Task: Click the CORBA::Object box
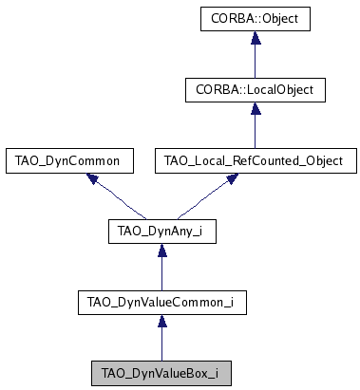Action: (x=255, y=18)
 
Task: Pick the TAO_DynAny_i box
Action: (x=161, y=232)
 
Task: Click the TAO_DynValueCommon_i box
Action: (x=161, y=303)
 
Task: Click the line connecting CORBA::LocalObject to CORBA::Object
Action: (x=255, y=59)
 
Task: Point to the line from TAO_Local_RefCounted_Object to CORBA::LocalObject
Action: (x=255, y=130)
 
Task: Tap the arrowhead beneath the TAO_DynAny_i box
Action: (x=161, y=251)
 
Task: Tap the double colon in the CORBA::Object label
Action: (x=251, y=18)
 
